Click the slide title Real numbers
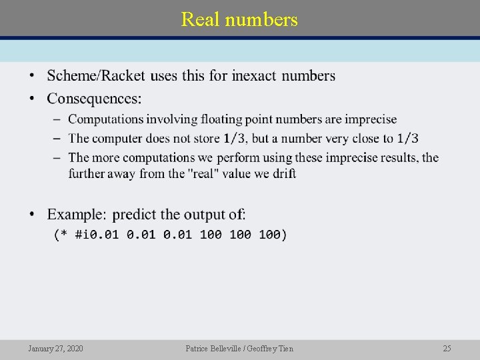click(x=239, y=19)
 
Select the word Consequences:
click(x=94, y=99)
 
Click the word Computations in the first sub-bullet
click(x=106, y=119)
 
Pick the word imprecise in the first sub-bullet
click(x=369, y=119)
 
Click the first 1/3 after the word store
click(x=234, y=139)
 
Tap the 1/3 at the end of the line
click(x=407, y=139)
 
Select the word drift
click(x=285, y=173)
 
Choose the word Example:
click(x=77, y=215)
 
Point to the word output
click(x=203, y=215)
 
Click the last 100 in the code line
click(x=273, y=235)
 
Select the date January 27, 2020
click(x=56, y=349)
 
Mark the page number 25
click(x=447, y=349)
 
